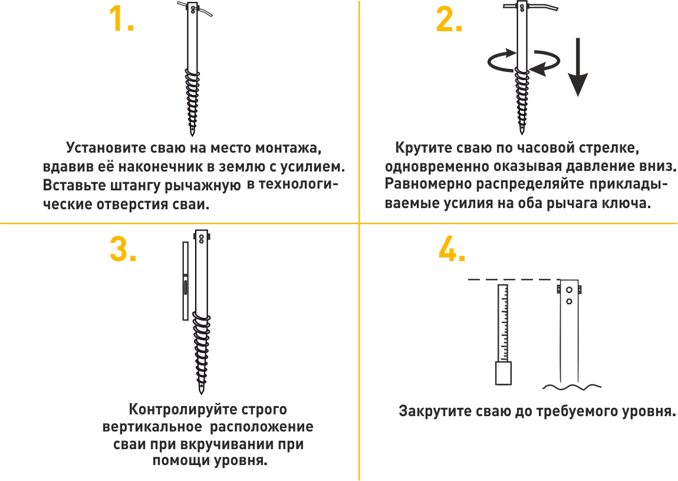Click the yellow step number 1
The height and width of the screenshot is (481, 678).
coord(121,19)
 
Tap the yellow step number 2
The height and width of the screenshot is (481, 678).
coord(449,19)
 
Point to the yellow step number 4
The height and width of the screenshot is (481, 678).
coord(452,249)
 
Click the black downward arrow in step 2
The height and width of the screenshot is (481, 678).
coord(578,67)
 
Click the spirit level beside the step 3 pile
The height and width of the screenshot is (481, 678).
coord(186,281)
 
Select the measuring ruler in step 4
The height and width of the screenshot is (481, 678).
coord(503,323)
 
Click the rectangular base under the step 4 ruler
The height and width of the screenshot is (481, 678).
coord(503,373)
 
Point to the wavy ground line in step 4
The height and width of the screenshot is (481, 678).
coord(572,386)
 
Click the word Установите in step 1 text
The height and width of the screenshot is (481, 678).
coord(106,148)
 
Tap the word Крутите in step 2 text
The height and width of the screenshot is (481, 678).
coord(422,148)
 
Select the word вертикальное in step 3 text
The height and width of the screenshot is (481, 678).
coord(152,427)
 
